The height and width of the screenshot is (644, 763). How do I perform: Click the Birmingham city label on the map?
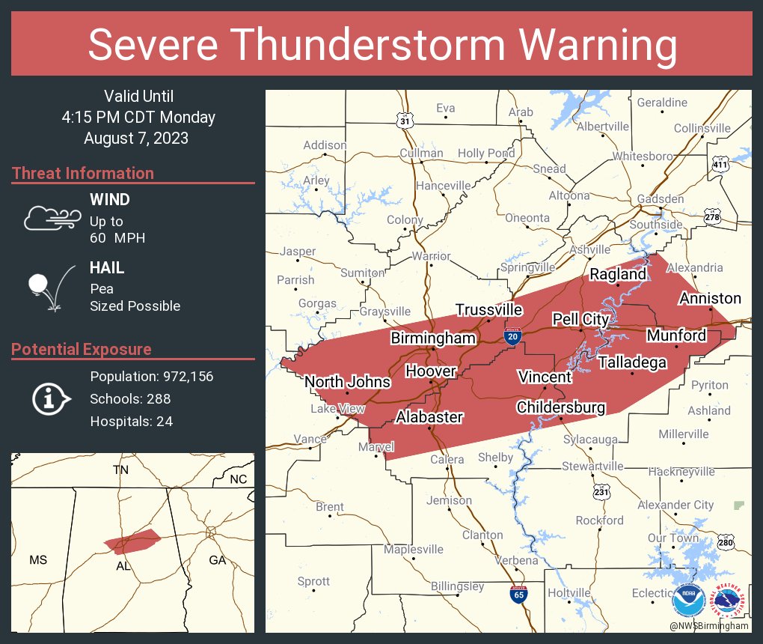pyautogui.click(x=433, y=338)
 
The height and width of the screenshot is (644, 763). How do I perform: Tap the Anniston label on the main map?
pyautogui.click(x=710, y=299)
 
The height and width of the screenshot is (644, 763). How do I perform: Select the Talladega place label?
pyautogui.click(x=632, y=363)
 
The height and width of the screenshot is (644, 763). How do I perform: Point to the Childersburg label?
pyautogui.click(x=560, y=407)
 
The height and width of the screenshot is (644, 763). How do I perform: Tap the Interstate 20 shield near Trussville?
pyautogui.click(x=513, y=337)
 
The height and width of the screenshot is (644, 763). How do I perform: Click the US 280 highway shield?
pyautogui.click(x=724, y=541)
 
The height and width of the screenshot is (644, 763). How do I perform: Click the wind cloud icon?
pyautogui.click(x=50, y=218)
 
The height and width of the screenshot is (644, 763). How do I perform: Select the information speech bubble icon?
pyautogui.click(x=51, y=398)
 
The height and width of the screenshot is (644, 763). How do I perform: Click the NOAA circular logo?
pyautogui.click(x=687, y=601)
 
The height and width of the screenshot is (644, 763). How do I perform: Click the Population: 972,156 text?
pyautogui.click(x=151, y=376)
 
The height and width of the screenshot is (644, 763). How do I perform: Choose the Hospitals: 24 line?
pyautogui.click(x=131, y=422)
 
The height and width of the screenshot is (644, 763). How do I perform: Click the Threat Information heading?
pyautogui.click(x=83, y=173)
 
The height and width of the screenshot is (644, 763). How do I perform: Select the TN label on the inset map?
pyautogui.click(x=120, y=470)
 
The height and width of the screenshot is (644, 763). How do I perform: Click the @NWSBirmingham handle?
pyautogui.click(x=708, y=625)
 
